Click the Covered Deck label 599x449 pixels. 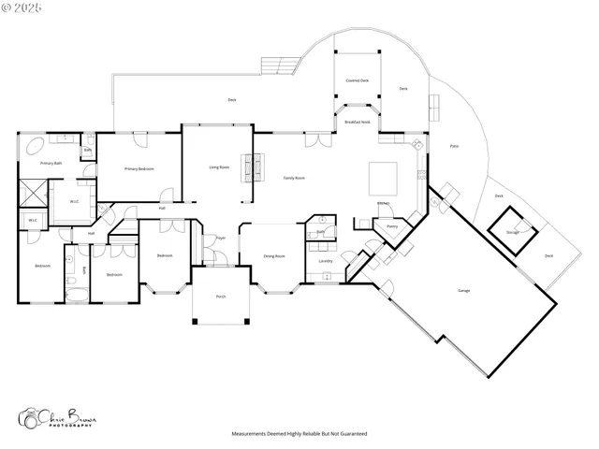coord(357,80)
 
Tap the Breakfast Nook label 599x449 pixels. coord(357,123)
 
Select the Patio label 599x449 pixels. coord(454,146)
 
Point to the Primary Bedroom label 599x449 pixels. coord(139,168)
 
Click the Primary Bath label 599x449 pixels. coord(51,163)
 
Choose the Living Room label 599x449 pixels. coord(219,167)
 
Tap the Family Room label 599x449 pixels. coord(295,178)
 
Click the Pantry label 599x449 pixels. coord(391,225)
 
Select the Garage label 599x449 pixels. coord(463,291)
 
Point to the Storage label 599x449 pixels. coord(512,232)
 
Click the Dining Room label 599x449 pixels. coord(274,255)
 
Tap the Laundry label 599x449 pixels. coord(325,261)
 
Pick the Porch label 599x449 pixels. coord(221,297)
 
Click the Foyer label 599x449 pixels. coord(221,239)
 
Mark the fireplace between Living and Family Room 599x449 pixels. coord(248,168)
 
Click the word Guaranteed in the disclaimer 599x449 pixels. coord(351,434)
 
